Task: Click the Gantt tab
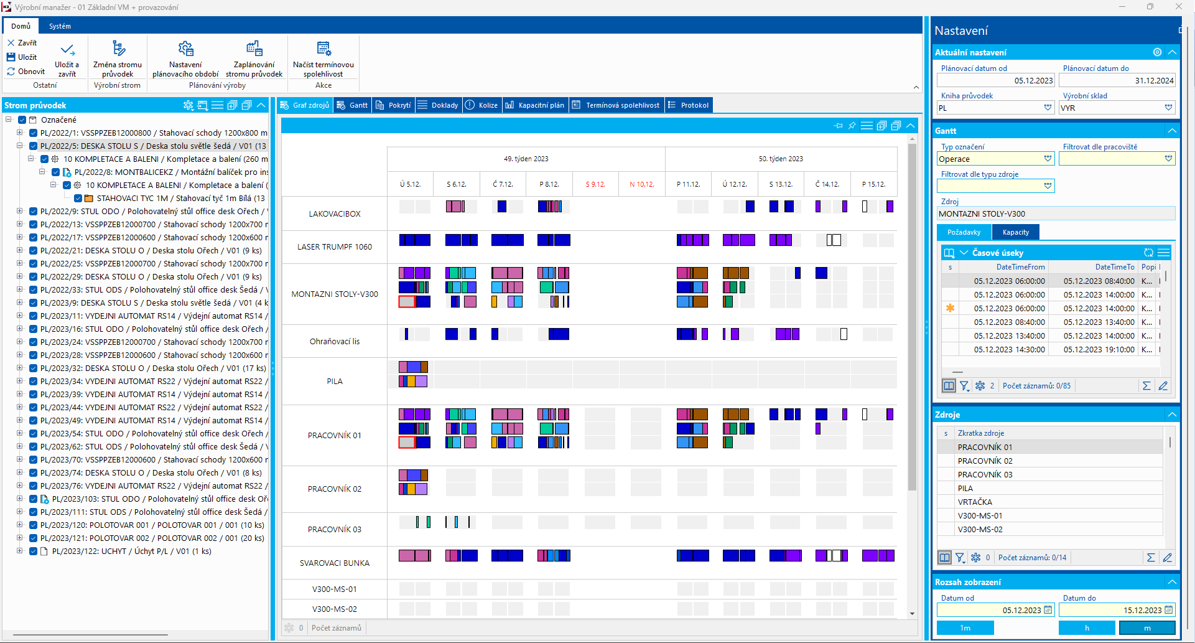point(352,105)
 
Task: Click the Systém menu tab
point(60,26)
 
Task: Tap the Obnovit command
point(26,72)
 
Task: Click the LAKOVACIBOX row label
point(335,214)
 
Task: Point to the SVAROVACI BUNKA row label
point(335,563)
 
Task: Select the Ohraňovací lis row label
point(335,341)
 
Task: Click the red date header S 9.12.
point(595,184)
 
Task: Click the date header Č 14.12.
point(827,184)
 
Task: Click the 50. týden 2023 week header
point(781,159)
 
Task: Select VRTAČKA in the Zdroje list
point(975,502)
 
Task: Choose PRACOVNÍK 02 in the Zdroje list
point(985,461)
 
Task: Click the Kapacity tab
point(1015,232)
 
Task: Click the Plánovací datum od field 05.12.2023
point(995,80)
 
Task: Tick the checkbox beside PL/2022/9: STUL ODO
point(34,211)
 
